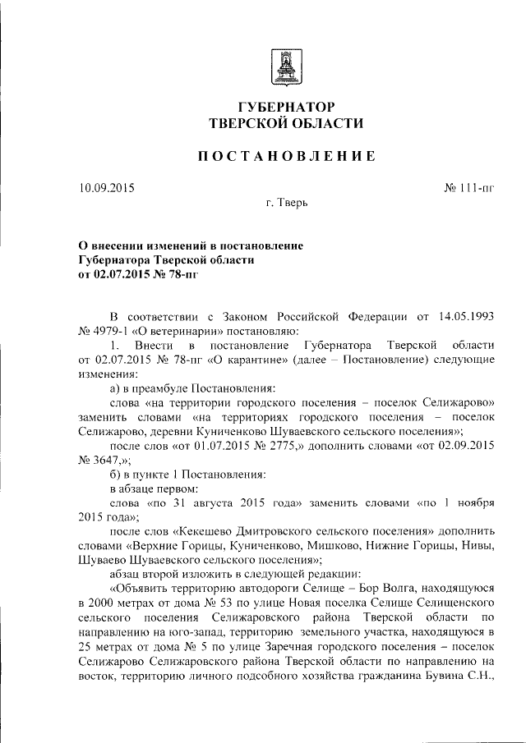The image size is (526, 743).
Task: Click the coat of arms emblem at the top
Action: pos(286,66)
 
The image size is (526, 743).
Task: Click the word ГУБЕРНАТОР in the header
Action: pos(286,108)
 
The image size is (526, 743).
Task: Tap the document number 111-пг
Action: pos(476,188)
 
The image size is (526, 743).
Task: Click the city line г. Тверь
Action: pos(286,203)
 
